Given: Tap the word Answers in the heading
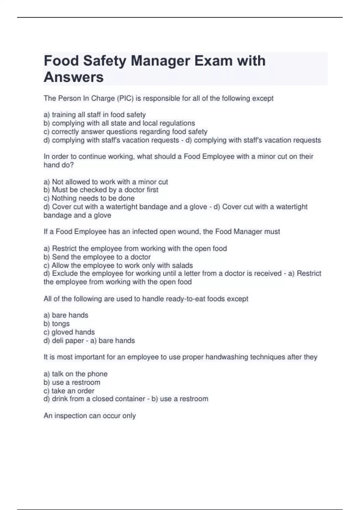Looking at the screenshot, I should click(x=74, y=77).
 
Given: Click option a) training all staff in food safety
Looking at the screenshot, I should click(x=95, y=115).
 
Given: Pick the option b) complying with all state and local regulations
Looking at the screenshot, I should click(x=119, y=123).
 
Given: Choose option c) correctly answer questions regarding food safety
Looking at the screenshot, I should click(x=125, y=131).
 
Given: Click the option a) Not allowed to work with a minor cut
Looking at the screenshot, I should click(x=106, y=182).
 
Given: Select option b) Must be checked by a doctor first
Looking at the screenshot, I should click(x=101, y=190).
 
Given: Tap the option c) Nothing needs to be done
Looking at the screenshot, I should click(x=89, y=198).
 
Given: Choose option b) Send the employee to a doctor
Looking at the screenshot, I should click(x=97, y=257).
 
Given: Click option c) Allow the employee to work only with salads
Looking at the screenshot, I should click(x=118, y=265).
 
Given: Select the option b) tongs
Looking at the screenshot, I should click(x=57, y=324).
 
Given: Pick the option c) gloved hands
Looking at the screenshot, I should click(x=69, y=332).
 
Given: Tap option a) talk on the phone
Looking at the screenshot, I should click(x=76, y=374).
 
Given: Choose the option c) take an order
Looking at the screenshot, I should click(x=69, y=391).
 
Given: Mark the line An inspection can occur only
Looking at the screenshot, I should click(x=90, y=416).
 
